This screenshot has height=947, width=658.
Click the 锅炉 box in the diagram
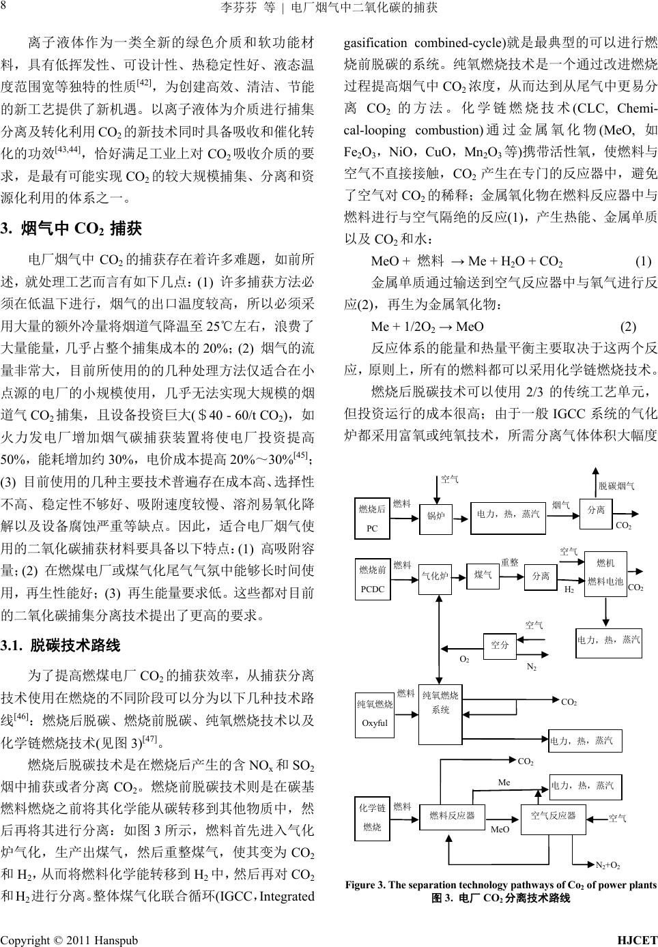435,516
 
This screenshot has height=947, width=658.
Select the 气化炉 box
435,576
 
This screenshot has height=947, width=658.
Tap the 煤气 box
483,575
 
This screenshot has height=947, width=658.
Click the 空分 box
500,645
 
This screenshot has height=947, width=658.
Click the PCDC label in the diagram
371,589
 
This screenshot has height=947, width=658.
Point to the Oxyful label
375,723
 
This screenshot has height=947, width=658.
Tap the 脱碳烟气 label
616,485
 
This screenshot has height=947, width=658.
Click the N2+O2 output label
607,864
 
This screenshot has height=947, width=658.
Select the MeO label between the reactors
500,829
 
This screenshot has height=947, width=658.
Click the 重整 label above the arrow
509,562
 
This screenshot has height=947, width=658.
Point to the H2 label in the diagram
569,588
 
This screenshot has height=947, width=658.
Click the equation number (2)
628,325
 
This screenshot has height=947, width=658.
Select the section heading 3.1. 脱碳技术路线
61,645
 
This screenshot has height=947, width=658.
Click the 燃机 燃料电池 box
605,572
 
